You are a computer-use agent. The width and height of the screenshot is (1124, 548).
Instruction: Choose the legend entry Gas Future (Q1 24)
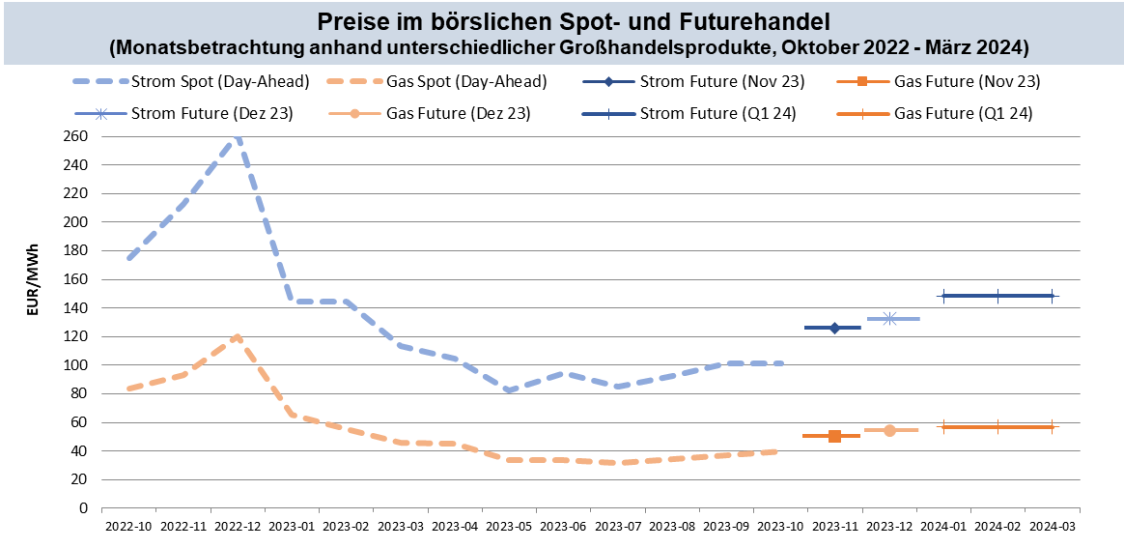click(964, 113)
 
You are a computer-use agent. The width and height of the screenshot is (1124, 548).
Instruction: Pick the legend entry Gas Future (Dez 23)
click(457, 113)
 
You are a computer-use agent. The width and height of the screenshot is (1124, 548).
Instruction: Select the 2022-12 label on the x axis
click(237, 527)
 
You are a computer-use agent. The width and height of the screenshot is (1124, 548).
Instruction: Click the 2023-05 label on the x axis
click(509, 527)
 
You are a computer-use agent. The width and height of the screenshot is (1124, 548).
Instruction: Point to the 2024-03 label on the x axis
click(1052, 527)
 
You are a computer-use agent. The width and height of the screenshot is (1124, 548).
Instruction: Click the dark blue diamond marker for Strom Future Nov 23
click(834, 329)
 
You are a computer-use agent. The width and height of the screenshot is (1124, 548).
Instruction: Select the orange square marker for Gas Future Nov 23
click(834, 436)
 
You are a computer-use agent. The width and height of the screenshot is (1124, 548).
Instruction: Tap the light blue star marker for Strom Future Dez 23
click(889, 318)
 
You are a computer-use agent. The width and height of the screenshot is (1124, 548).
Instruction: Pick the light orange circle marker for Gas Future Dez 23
click(889, 430)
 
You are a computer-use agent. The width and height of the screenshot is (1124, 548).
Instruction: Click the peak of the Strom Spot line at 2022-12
click(237, 137)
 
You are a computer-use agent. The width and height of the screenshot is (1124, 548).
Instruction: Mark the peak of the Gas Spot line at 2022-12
click(237, 337)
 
